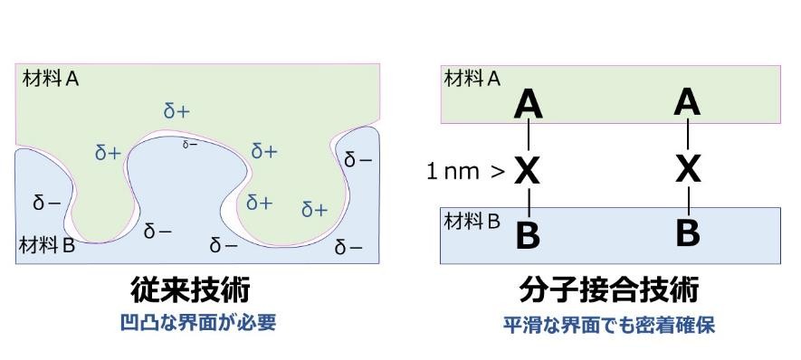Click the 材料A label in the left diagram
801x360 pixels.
[x=51, y=79]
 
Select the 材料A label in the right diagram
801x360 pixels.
[x=472, y=79]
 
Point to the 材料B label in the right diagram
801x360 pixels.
[x=471, y=220]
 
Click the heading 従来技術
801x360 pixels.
[x=188, y=291]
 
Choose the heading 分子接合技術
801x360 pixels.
[x=609, y=291]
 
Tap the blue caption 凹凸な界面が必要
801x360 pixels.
[x=197, y=322]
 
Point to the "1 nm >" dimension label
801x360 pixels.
[x=464, y=170]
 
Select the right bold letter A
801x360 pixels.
[x=688, y=101]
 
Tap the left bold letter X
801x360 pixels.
[x=528, y=169]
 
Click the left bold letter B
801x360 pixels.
[x=528, y=235]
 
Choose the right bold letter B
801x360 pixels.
[x=688, y=232]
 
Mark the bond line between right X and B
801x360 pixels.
[x=688, y=200]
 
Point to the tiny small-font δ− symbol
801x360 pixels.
[x=190, y=144]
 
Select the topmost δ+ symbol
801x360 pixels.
[x=176, y=111]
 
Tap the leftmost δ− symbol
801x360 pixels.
[x=46, y=203]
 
